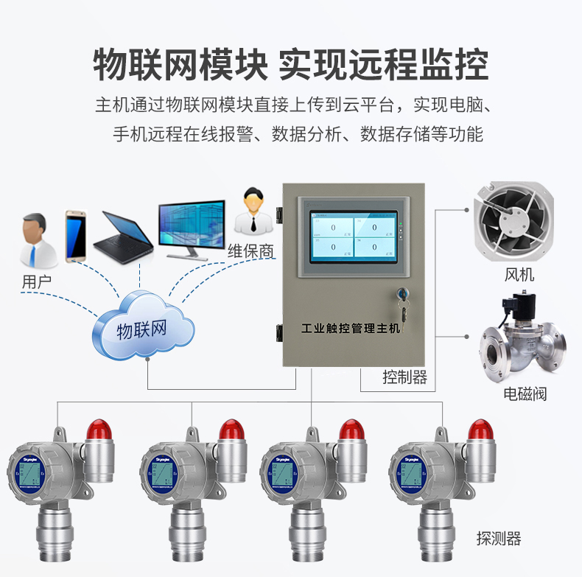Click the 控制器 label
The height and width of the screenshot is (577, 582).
(404, 378)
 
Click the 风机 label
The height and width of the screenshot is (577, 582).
(519, 276)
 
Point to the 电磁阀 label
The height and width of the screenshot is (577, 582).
(525, 394)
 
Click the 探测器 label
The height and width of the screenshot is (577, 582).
(498, 539)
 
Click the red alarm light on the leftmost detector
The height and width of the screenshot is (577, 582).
(98, 429)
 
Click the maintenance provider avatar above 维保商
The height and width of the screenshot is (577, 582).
(253, 211)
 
